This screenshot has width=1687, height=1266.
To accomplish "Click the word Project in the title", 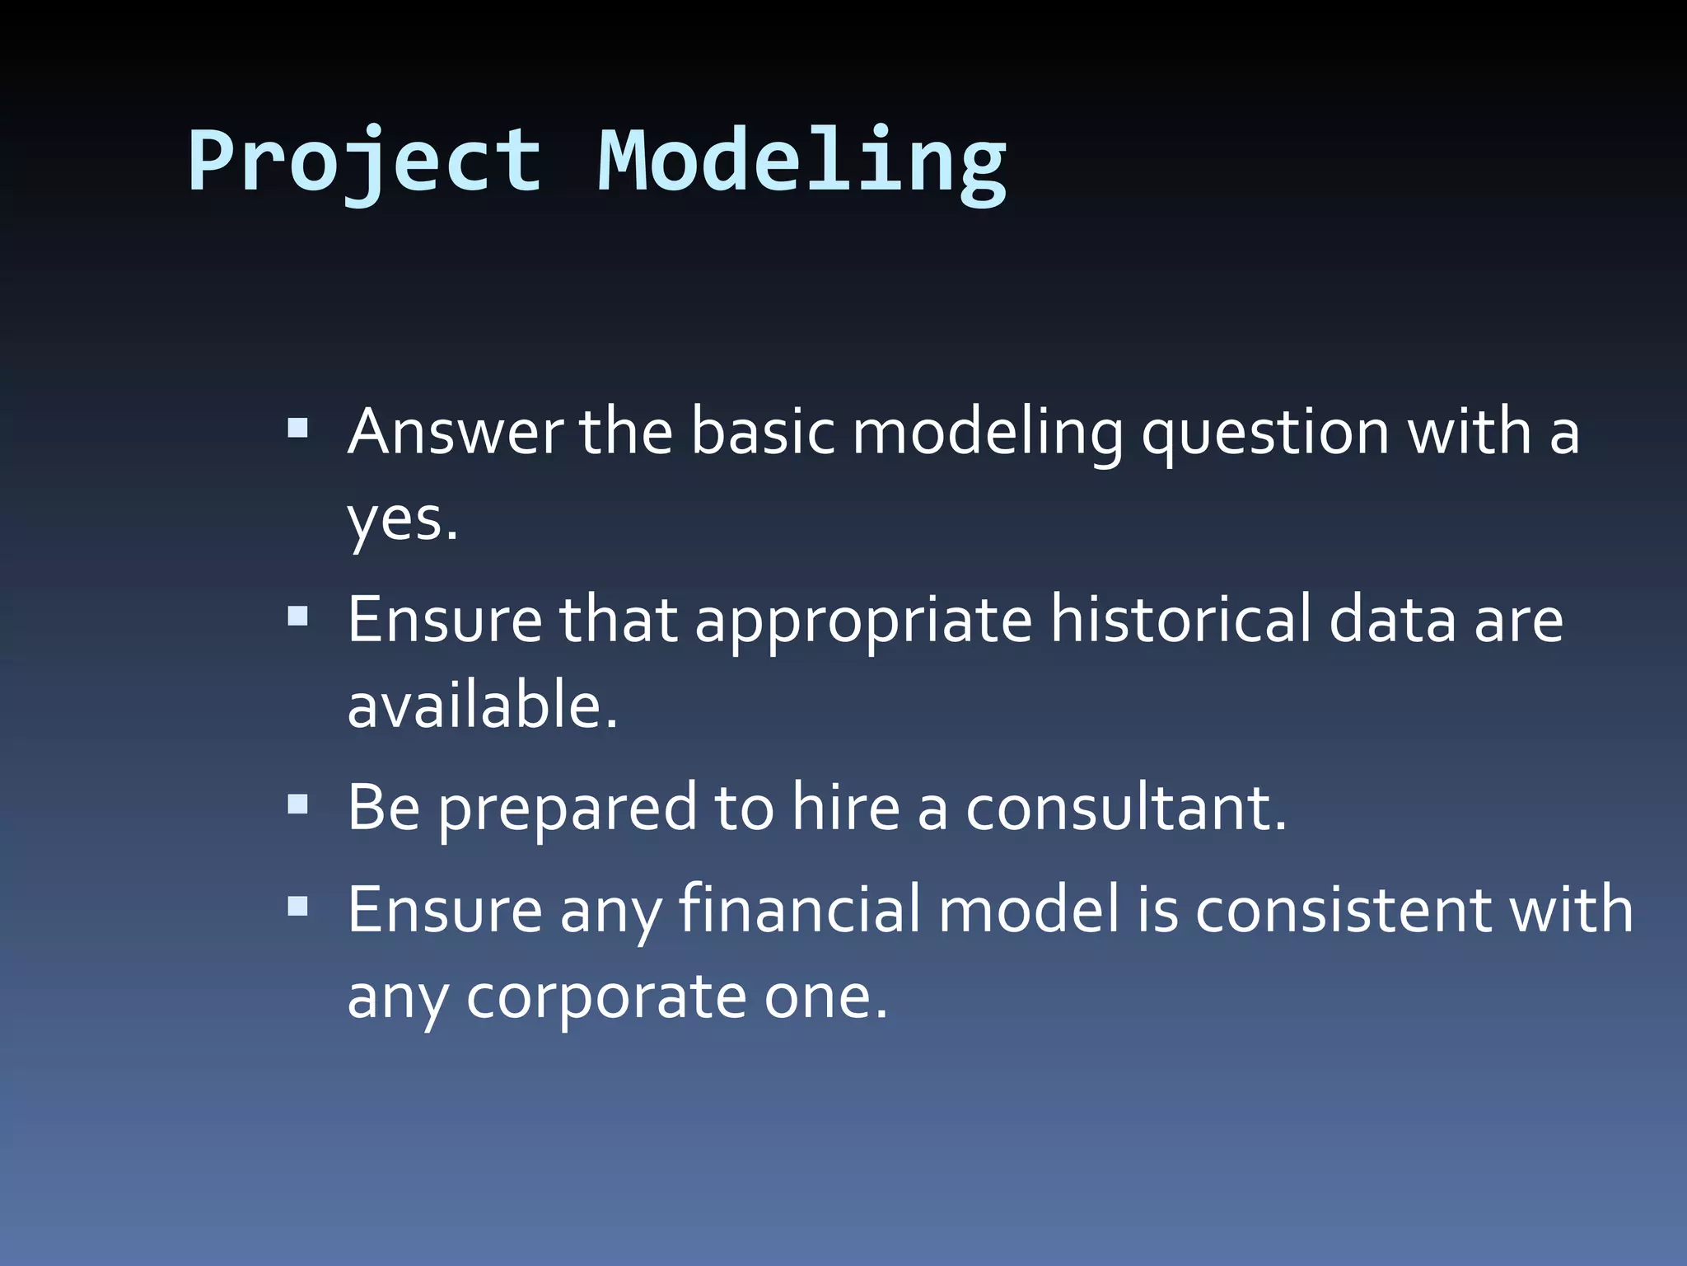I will click(364, 162).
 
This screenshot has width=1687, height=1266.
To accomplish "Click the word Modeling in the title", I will click(801, 162).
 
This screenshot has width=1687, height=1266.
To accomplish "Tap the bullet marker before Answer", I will click(297, 429).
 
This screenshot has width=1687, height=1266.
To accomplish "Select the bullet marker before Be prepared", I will click(297, 804).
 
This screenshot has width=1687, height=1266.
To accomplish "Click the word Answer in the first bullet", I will click(455, 432).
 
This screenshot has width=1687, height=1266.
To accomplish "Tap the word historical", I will click(1180, 620).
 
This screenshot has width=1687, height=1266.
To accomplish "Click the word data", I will click(1392, 620).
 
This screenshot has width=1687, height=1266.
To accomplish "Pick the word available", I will click(482, 706).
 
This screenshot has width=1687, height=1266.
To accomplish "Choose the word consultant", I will click(1125, 808).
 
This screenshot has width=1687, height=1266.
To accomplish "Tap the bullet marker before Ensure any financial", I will click(297, 907).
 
